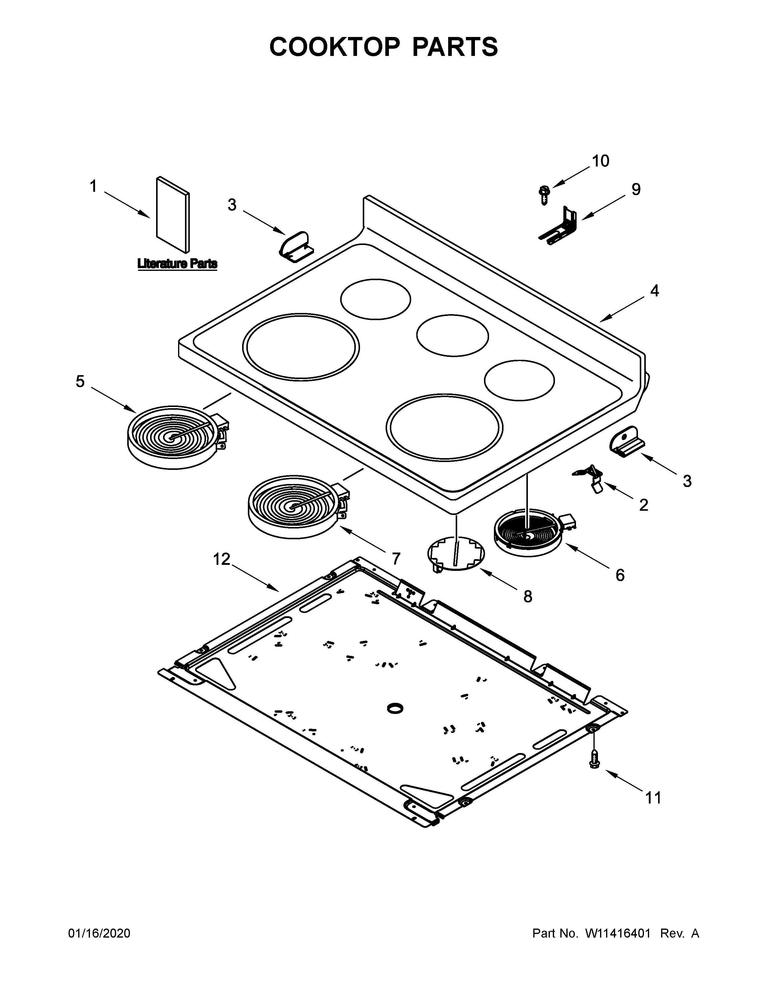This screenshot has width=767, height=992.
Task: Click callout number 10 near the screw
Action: tap(600, 161)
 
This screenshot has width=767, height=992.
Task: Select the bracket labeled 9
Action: tap(560, 226)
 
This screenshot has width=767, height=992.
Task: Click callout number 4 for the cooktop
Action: tap(654, 291)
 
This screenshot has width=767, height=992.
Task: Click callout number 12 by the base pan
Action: tap(221, 559)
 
